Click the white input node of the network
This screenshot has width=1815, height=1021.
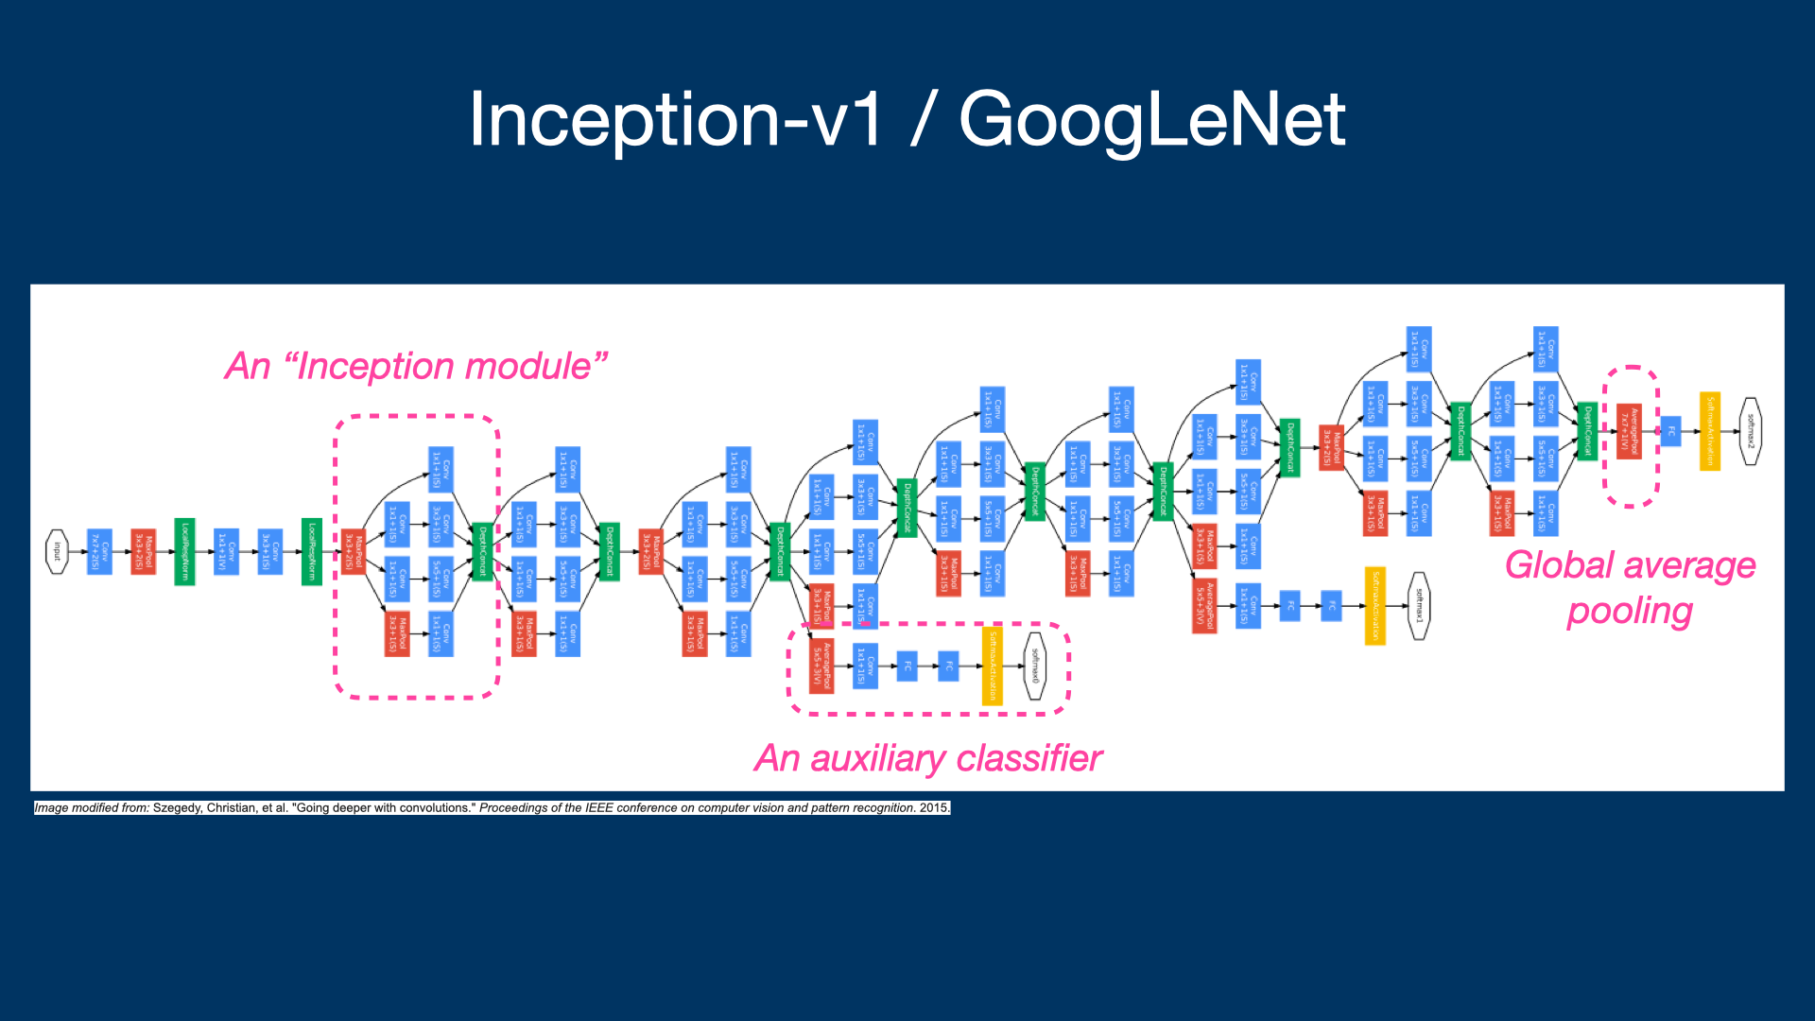click(x=57, y=551)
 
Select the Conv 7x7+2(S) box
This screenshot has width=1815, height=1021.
click(x=99, y=551)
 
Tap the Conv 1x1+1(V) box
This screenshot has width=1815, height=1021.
click(x=226, y=551)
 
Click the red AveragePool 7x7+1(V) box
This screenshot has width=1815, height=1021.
click(x=1629, y=431)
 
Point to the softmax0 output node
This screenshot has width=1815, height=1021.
click(x=1035, y=666)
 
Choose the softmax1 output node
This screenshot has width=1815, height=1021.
click(x=1418, y=606)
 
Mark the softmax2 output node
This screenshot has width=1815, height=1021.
click(x=1750, y=431)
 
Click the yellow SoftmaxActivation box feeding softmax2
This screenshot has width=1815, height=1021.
click(x=1709, y=431)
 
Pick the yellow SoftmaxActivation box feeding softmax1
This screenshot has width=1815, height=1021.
click(x=1375, y=606)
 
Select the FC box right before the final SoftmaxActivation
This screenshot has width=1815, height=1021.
click(x=1670, y=431)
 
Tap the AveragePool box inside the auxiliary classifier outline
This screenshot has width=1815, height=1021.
click(x=821, y=666)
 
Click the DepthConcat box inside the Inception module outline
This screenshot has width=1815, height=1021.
click(x=482, y=552)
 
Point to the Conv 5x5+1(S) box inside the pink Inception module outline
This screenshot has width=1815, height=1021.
click(x=441, y=579)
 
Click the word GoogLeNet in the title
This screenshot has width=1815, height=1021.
click(x=1151, y=120)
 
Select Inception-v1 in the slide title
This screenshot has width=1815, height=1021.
click(x=675, y=120)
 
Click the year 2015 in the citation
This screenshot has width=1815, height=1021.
click(x=934, y=808)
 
